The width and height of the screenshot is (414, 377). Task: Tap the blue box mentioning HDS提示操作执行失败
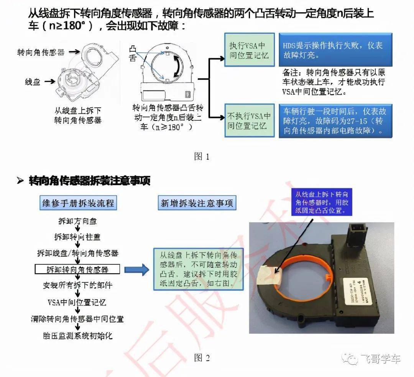point(335,50)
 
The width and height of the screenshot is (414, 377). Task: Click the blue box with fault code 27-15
point(335,121)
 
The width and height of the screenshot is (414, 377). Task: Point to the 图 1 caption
point(202,156)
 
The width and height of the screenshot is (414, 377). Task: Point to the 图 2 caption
point(202,358)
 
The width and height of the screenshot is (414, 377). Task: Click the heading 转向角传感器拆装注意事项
point(89,181)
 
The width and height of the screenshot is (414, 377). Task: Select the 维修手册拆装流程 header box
point(78,203)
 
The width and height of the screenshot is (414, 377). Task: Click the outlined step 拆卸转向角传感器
point(77,269)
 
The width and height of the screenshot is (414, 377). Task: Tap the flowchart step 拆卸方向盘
point(77,222)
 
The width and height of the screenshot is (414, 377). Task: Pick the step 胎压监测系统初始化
point(77,336)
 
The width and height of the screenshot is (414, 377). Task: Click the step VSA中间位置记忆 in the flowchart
point(77,302)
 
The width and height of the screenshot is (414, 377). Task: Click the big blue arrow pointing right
point(137,269)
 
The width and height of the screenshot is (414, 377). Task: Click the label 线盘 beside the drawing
point(33,82)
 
